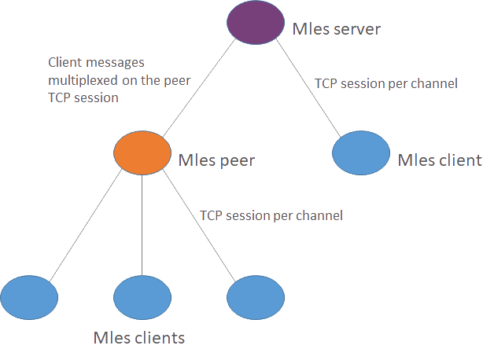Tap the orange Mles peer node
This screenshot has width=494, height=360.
click(x=142, y=152)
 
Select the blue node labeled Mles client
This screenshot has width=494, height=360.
click(x=361, y=152)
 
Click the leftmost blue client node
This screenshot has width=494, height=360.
click(x=30, y=297)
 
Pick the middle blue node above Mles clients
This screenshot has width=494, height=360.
click(x=142, y=297)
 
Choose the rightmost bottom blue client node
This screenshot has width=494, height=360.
click(x=254, y=297)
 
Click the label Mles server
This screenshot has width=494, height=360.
click(x=336, y=30)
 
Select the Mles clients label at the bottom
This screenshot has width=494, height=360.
click(x=138, y=339)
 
